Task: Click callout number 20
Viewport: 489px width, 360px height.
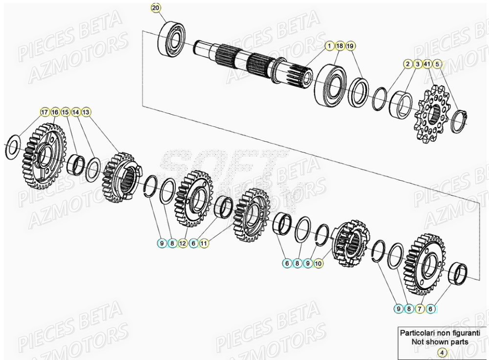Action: [155, 8]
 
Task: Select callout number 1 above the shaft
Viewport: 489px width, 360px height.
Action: [331, 45]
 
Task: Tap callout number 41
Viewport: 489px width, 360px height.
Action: [427, 64]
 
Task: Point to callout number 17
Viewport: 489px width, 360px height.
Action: [44, 112]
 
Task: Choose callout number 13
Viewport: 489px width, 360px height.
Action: [86, 112]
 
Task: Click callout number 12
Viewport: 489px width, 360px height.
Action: [183, 242]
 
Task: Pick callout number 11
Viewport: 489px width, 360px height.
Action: [204, 242]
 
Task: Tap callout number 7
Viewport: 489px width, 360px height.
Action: [420, 309]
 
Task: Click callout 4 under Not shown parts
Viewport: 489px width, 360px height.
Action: [441, 352]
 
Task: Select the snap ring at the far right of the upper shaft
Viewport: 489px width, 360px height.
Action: [459, 121]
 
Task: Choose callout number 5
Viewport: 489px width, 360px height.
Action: [437, 64]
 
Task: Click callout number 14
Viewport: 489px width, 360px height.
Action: [76, 112]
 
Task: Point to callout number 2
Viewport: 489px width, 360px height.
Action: [407, 64]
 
